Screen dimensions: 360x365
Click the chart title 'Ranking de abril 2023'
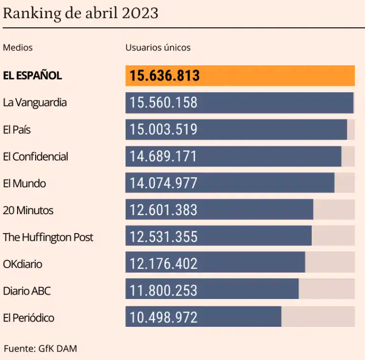[x=81, y=13]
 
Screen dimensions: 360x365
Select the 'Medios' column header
[x=18, y=48]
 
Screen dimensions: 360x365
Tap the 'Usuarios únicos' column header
[x=158, y=48]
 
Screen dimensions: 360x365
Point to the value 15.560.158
[x=163, y=102]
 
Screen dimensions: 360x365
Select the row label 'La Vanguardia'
[x=35, y=102]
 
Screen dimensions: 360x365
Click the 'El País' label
[x=17, y=130]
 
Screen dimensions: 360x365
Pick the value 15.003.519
[x=163, y=129]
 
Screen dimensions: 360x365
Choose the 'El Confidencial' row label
[x=35, y=157]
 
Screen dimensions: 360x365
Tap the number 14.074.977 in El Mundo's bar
[x=163, y=183]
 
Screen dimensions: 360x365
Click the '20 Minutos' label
[x=28, y=210]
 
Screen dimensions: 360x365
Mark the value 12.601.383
[x=163, y=210]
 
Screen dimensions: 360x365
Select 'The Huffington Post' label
[x=48, y=237]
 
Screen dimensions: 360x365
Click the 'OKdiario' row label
[x=22, y=264]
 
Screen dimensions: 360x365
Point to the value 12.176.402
[x=163, y=264]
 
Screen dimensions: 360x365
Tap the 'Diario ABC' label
[x=27, y=291]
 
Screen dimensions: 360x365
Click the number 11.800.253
[x=163, y=291]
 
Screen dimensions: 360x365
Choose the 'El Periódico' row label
[x=28, y=318]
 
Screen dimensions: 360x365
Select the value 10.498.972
[x=163, y=318]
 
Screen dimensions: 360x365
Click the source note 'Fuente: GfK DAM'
[x=41, y=349]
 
